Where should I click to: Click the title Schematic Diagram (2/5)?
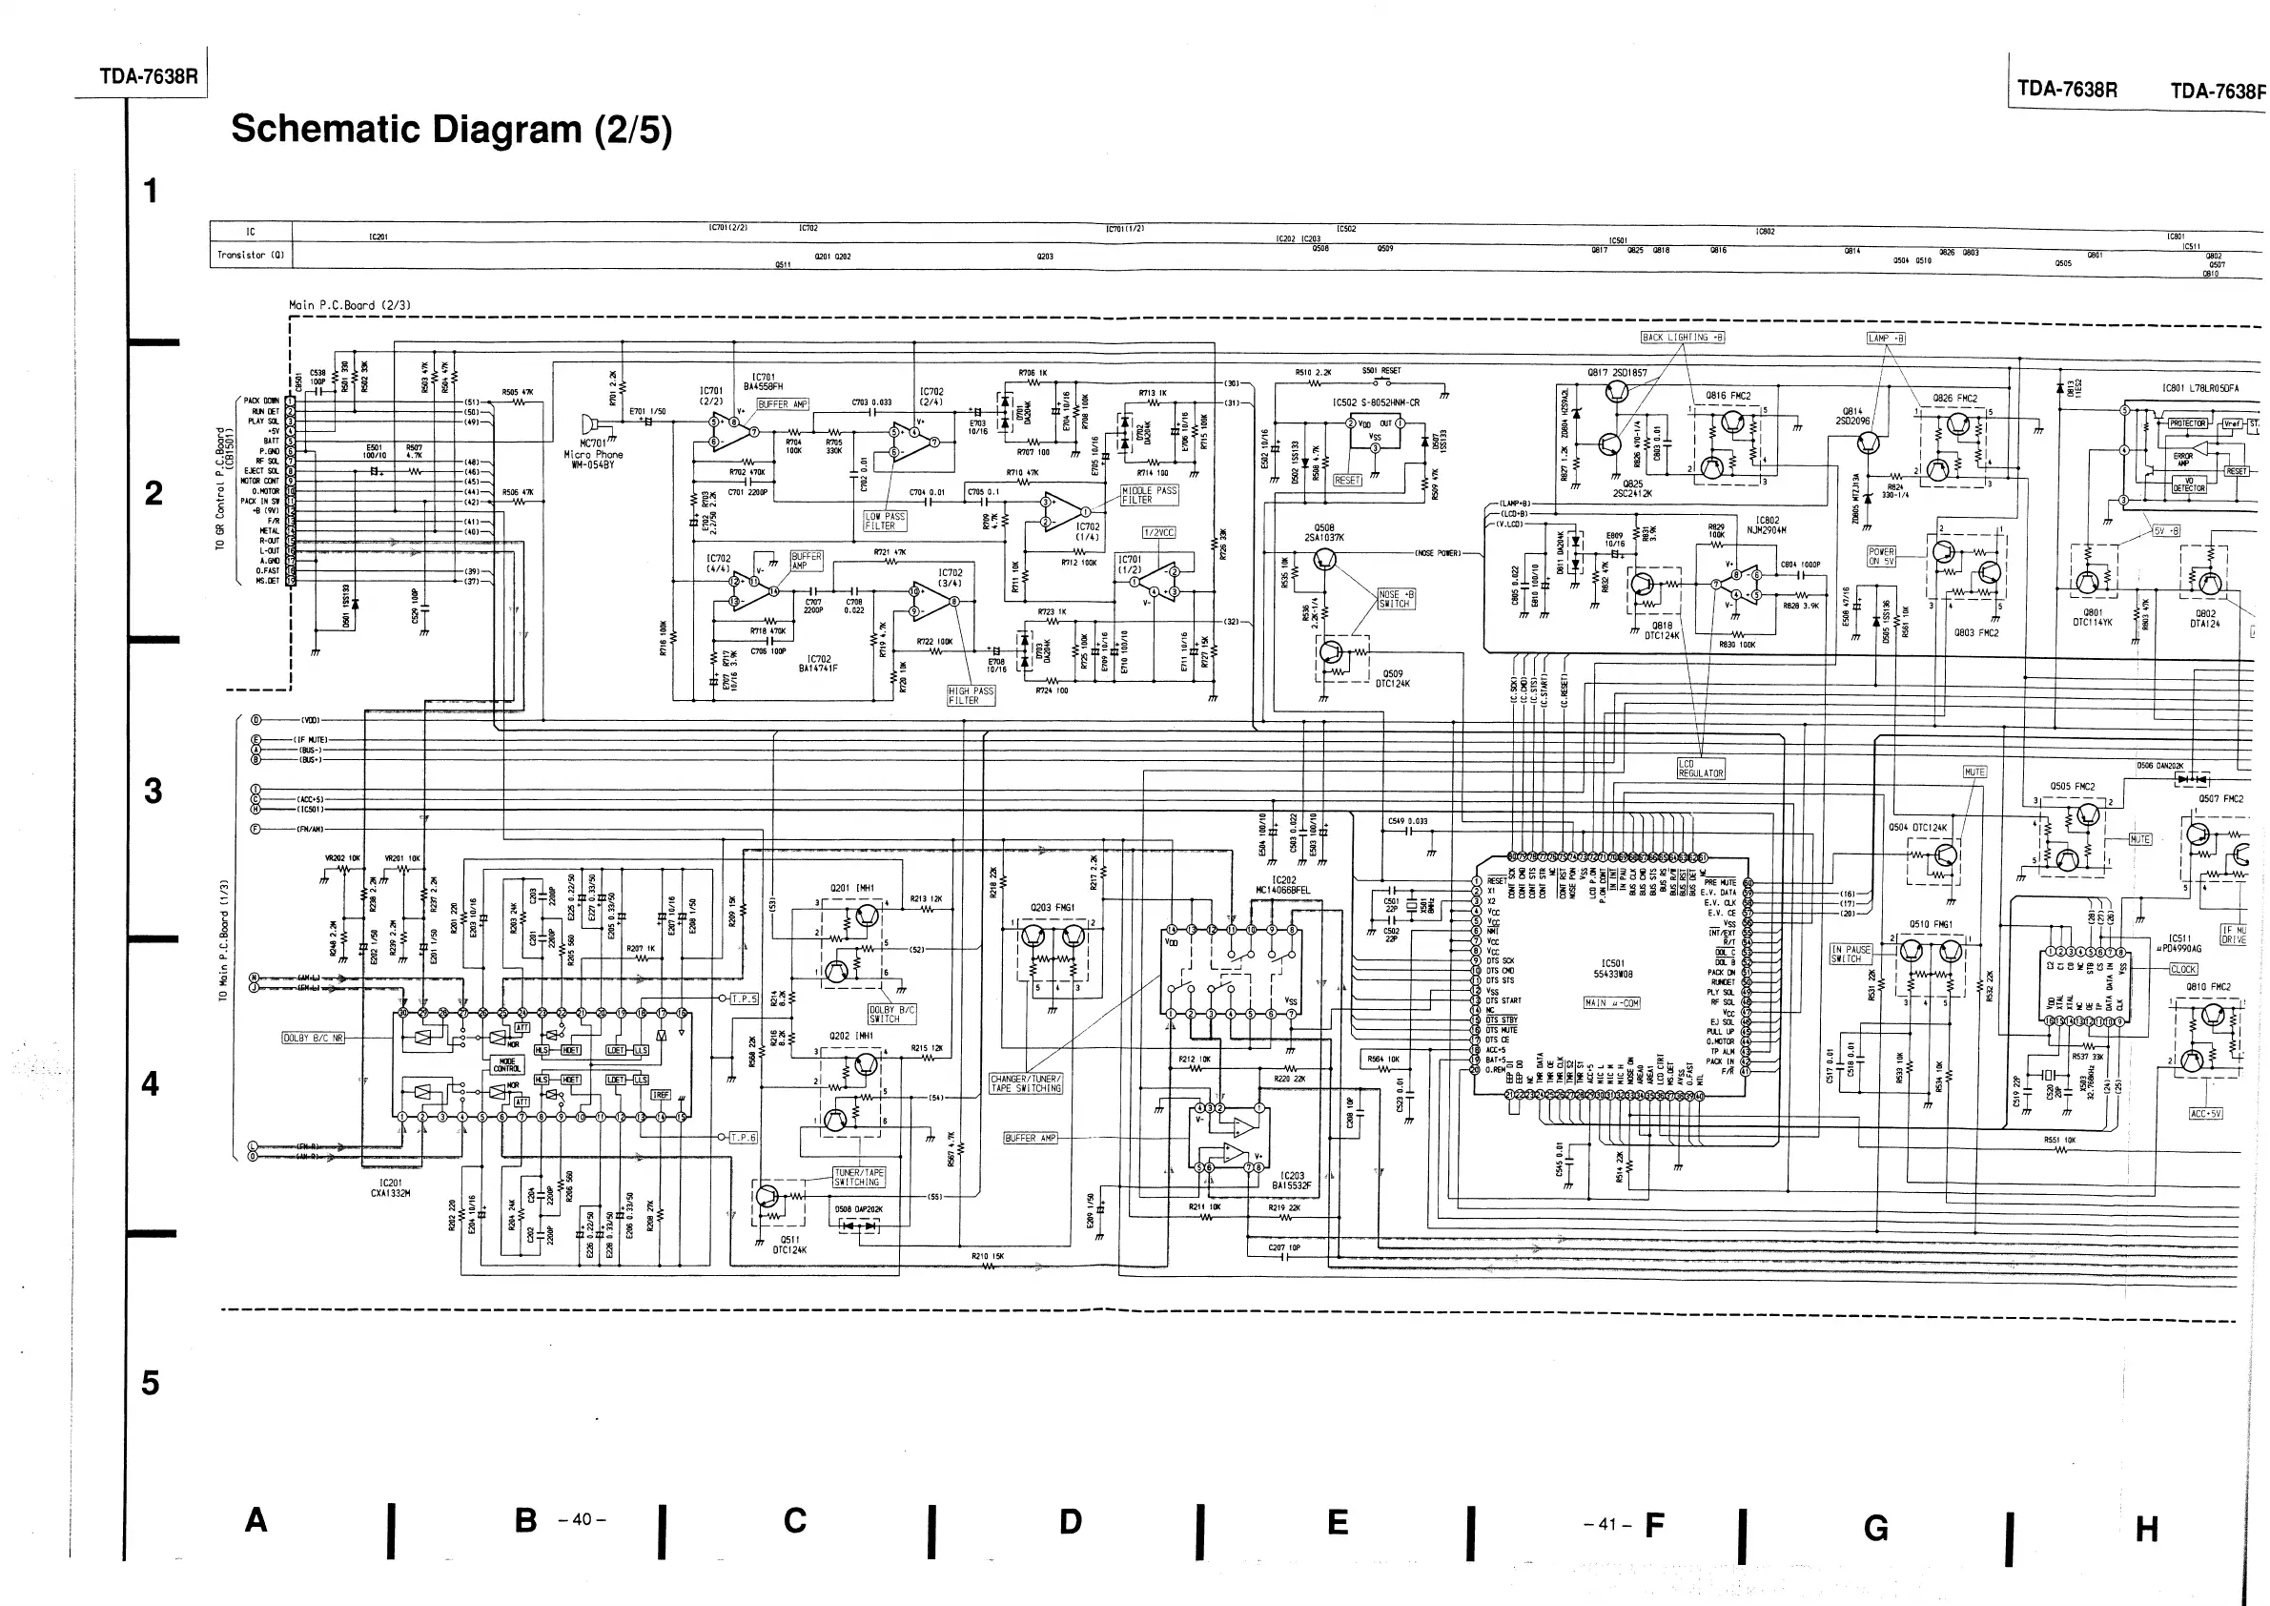(x=451, y=130)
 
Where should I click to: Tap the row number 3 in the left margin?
(x=153, y=791)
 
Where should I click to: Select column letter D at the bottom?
(x=1070, y=1522)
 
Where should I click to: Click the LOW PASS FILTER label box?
(x=885, y=521)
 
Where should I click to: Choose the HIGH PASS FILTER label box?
(x=970, y=695)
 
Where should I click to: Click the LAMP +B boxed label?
(x=1886, y=339)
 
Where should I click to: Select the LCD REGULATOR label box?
(x=1700, y=769)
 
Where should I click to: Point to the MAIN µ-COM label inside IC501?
(x=1611, y=1002)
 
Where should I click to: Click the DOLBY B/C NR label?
(x=314, y=1039)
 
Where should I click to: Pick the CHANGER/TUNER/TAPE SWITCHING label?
(x=1026, y=1082)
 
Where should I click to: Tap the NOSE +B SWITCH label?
(x=1396, y=598)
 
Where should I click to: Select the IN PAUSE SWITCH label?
(x=1851, y=954)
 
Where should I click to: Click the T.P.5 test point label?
(x=744, y=999)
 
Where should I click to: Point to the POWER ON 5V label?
(x=1881, y=556)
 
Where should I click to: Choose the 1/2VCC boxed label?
(x=1158, y=532)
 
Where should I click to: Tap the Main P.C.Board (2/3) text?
(x=349, y=305)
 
